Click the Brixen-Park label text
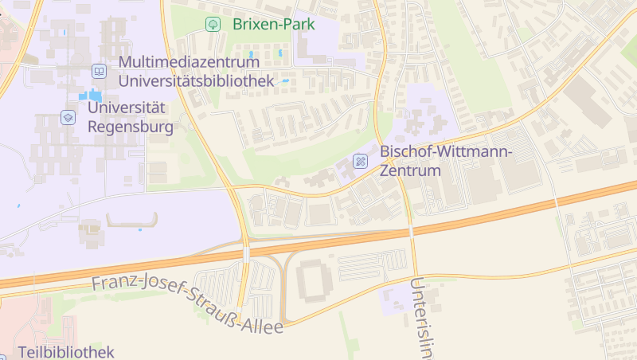pyautogui.click(x=274, y=24)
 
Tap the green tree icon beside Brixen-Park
pyautogui.click(x=213, y=24)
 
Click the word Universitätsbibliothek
pyautogui.click(x=196, y=80)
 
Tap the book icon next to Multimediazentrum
pyautogui.click(x=99, y=71)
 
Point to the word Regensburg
pyautogui.click(x=130, y=126)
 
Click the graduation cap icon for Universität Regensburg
pyautogui.click(x=68, y=117)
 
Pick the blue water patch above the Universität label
pyautogui.click(x=84, y=96)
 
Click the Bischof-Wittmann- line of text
pyautogui.click(x=447, y=151)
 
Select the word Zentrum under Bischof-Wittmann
pyautogui.click(x=410, y=170)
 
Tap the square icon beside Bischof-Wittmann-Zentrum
pyautogui.click(x=361, y=161)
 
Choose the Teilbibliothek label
pyautogui.click(x=66, y=351)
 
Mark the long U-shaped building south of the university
pyautogui.click(x=131, y=221)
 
